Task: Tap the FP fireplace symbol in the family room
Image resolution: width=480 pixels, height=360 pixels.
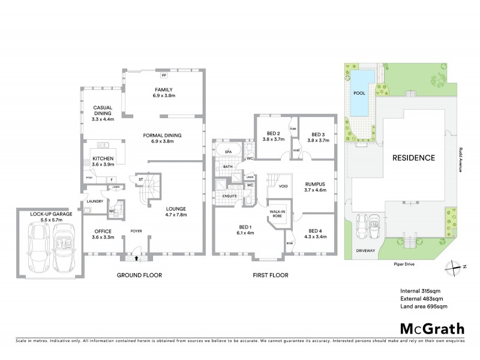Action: tap(164, 76)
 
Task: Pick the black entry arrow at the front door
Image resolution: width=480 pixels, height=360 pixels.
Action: tap(137, 257)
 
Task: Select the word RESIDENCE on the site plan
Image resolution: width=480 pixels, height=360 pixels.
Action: tap(413, 158)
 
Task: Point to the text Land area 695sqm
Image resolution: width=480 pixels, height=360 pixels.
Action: tap(424, 306)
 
